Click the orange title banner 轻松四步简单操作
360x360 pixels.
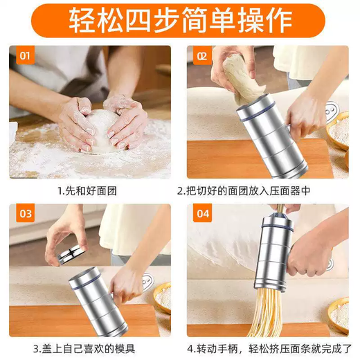tap(179, 21)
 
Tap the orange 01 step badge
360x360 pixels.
tap(25, 55)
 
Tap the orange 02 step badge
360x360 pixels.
tap(201, 55)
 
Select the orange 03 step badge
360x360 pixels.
tap(25, 214)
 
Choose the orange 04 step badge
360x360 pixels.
tap(202, 214)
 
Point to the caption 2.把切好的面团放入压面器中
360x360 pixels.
tap(268, 189)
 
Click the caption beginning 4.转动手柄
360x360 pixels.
tap(268, 348)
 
